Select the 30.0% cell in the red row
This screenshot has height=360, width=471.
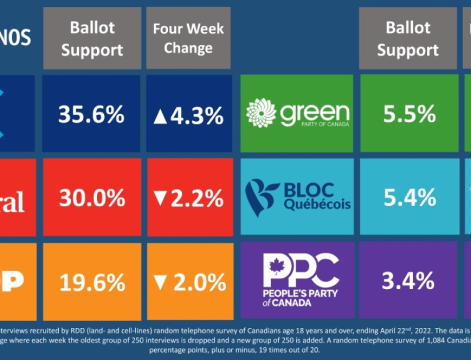(91, 198)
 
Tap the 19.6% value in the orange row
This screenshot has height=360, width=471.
(91, 282)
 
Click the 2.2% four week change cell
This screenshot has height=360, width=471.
(196, 198)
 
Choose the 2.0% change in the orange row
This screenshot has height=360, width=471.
(196, 282)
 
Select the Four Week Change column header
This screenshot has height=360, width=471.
(188, 38)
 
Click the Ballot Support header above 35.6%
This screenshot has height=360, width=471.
(92, 38)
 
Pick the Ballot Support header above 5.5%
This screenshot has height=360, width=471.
(408, 38)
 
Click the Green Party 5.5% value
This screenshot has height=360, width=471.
(409, 114)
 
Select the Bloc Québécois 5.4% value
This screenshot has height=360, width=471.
(409, 198)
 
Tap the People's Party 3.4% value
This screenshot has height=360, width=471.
(409, 281)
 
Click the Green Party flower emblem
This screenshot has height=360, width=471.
(261, 113)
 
